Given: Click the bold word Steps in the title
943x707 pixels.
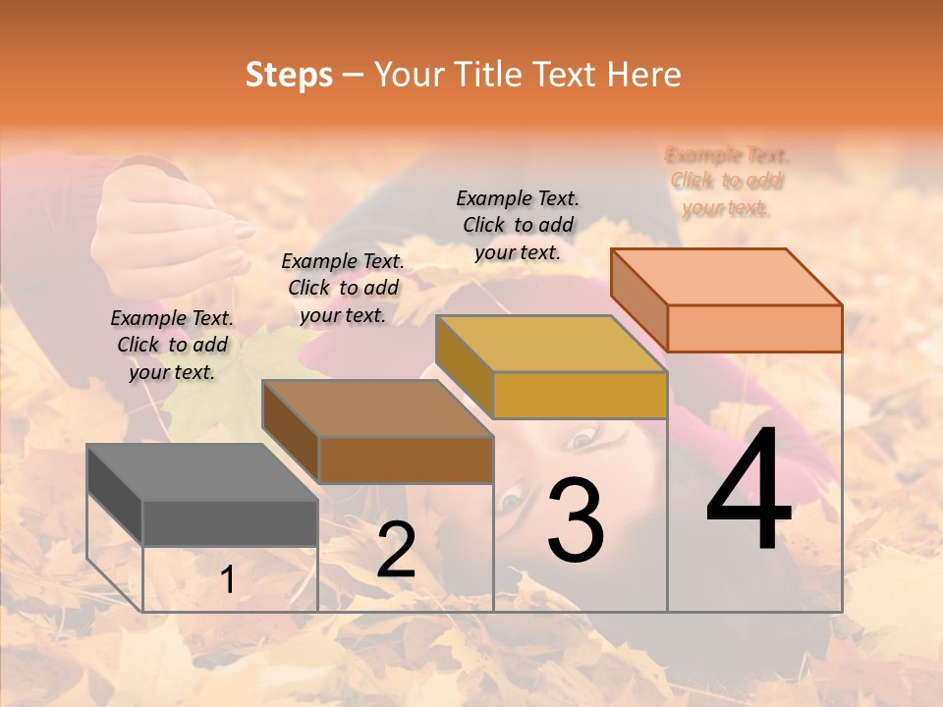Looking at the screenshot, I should [x=289, y=75].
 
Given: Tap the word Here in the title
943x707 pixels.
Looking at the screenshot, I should [x=644, y=75].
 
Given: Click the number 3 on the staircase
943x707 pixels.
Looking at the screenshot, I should [x=576, y=520].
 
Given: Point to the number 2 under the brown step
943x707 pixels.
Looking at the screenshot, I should [x=396, y=550].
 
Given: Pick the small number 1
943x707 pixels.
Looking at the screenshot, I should [x=228, y=580].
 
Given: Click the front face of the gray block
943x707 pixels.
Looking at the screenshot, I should [x=230, y=522].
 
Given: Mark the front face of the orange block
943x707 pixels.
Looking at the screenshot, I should [x=754, y=328].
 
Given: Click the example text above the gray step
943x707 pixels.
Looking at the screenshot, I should [x=172, y=345].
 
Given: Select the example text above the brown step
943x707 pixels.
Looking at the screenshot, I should [x=343, y=288].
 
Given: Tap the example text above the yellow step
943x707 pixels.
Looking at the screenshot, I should [x=518, y=225].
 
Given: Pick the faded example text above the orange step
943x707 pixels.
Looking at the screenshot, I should [x=727, y=181].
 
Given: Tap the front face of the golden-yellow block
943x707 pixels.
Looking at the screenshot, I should [x=580, y=395].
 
